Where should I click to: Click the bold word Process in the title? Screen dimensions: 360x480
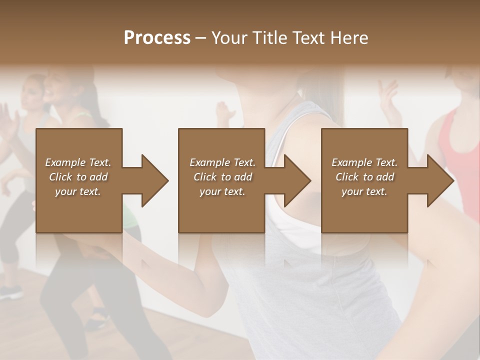click(157, 37)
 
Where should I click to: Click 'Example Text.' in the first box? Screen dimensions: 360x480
click(78, 162)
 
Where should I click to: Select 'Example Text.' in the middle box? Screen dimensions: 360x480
click(222, 162)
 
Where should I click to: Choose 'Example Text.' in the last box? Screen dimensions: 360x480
click(364, 162)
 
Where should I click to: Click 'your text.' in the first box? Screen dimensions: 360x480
click(78, 191)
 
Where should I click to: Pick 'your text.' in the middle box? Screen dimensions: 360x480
click(222, 191)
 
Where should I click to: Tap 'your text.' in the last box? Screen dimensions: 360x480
click(364, 191)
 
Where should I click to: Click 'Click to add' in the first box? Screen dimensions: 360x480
click(78, 177)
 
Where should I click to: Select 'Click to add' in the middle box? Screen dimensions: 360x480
click(222, 177)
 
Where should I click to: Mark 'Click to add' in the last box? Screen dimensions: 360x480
click(364, 177)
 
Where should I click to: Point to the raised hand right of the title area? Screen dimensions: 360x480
click(388, 95)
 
